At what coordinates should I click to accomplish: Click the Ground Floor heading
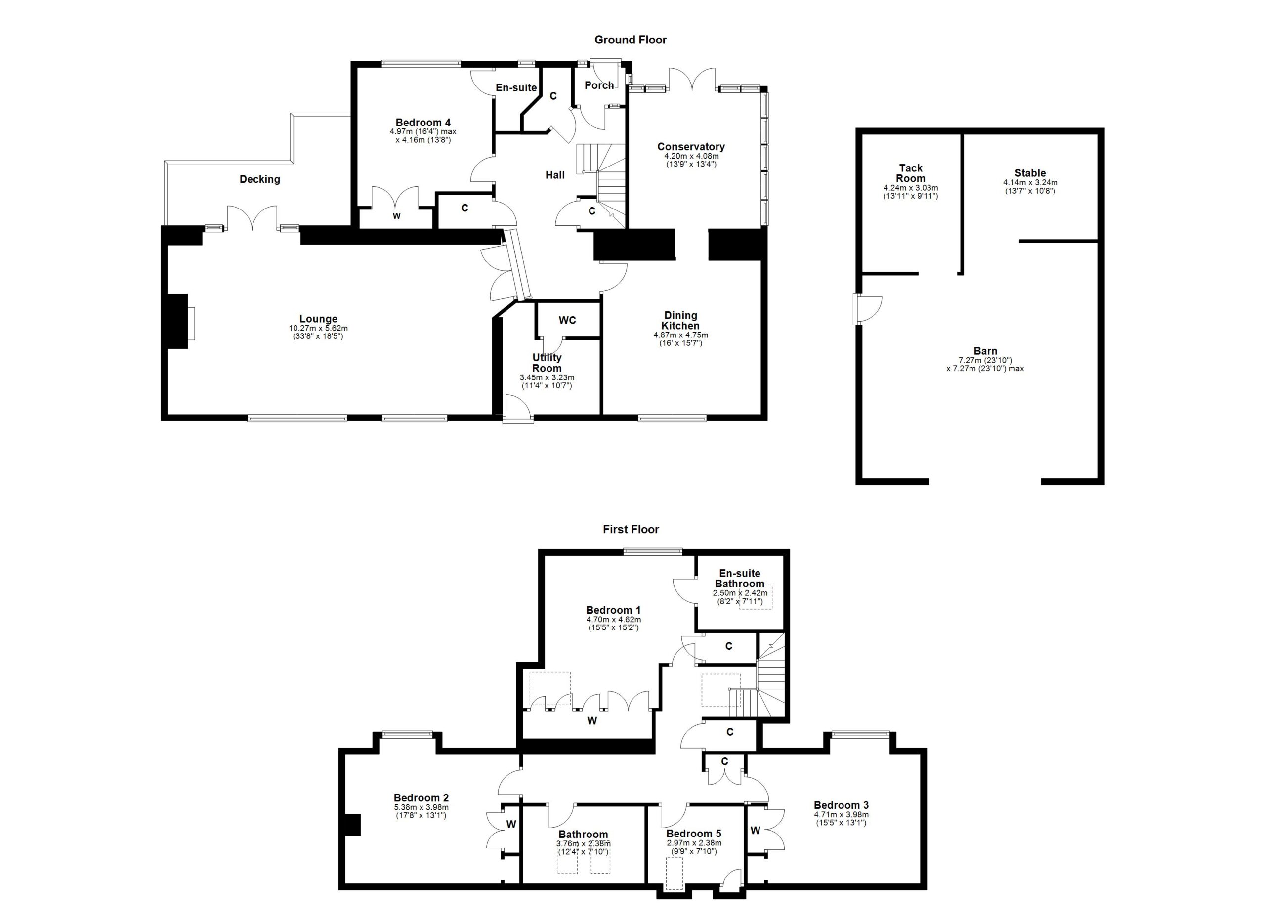point(630,40)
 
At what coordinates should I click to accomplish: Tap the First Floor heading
point(631,529)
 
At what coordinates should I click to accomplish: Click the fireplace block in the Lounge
point(177,322)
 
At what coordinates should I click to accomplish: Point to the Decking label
point(259,179)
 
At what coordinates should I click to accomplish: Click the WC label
point(567,320)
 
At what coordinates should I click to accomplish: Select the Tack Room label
point(910,173)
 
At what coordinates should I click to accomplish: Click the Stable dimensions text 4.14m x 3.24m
point(1030,182)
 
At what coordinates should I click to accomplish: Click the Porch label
point(599,85)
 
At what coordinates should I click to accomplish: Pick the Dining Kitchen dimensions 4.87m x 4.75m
point(680,335)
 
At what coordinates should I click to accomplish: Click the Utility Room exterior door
point(517,410)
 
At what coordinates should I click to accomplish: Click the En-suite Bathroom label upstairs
point(740,578)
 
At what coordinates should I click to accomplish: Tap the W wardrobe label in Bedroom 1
point(592,721)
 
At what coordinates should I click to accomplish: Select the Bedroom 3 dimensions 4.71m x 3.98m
point(841,815)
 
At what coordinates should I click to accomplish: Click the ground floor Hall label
point(555,175)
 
